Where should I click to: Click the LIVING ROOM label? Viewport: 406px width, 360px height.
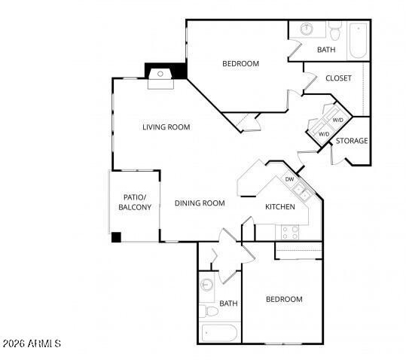166,127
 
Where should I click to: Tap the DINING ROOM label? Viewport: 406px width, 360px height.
200,203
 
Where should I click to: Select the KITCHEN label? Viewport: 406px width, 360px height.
280,206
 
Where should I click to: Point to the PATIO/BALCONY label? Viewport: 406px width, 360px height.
135,202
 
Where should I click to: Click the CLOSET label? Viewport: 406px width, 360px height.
338,78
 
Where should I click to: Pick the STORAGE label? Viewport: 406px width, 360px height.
352,141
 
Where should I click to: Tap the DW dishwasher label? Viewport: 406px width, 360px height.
289,179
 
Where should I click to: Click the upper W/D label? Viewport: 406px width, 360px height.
338,120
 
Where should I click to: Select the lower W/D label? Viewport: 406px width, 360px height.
324,134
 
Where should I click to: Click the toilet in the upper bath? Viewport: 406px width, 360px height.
335,31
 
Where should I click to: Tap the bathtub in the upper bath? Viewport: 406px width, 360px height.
358,41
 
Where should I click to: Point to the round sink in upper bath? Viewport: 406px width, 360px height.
307,29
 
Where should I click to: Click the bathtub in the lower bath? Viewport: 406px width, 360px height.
219,333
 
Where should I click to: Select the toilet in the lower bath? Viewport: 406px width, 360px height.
209,311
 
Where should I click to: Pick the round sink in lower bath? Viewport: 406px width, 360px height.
206,285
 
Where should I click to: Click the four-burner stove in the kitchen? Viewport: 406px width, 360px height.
290,233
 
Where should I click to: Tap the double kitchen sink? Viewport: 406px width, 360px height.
303,191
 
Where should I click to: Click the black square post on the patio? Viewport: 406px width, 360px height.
116,237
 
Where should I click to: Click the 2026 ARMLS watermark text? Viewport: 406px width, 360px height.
32,343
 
